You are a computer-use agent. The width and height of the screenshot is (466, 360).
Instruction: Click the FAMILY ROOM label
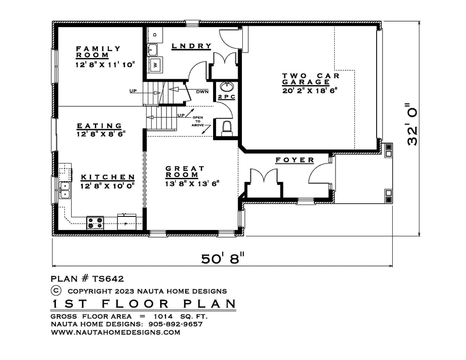[98, 52]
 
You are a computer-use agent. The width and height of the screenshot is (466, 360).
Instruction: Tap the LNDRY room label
[191, 46]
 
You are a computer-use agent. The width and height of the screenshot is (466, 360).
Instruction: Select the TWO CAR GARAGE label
[311, 79]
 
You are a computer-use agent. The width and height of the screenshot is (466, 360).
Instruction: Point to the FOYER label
[294, 160]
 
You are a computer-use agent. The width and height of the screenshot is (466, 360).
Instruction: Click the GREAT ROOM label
[185, 172]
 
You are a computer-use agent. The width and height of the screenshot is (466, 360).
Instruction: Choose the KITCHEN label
[108, 177]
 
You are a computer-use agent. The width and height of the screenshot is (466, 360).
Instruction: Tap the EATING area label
[100, 126]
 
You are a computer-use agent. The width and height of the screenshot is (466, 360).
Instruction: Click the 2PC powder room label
[227, 97]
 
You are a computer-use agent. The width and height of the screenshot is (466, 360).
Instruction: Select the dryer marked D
[155, 35]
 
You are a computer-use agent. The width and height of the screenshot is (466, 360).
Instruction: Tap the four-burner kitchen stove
[95, 223]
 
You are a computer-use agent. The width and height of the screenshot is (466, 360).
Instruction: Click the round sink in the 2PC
[227, 87]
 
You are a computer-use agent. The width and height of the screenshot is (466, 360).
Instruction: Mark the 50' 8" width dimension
[222, 258]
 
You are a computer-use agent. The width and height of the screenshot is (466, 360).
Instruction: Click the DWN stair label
[202, 92]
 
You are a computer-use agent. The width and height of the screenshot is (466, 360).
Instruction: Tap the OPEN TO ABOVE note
[198, 121]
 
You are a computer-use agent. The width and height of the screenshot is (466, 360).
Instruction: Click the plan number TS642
[108, 279]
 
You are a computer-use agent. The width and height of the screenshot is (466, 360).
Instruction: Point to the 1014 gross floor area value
[163, 316]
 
